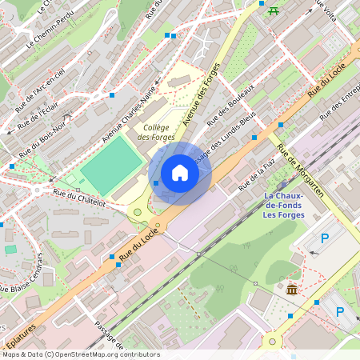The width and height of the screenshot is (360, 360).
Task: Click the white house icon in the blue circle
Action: tap(180, 173)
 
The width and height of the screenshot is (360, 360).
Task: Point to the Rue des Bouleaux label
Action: tap(230, 105)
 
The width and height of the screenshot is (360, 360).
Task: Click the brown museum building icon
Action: tap(292, 289)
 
